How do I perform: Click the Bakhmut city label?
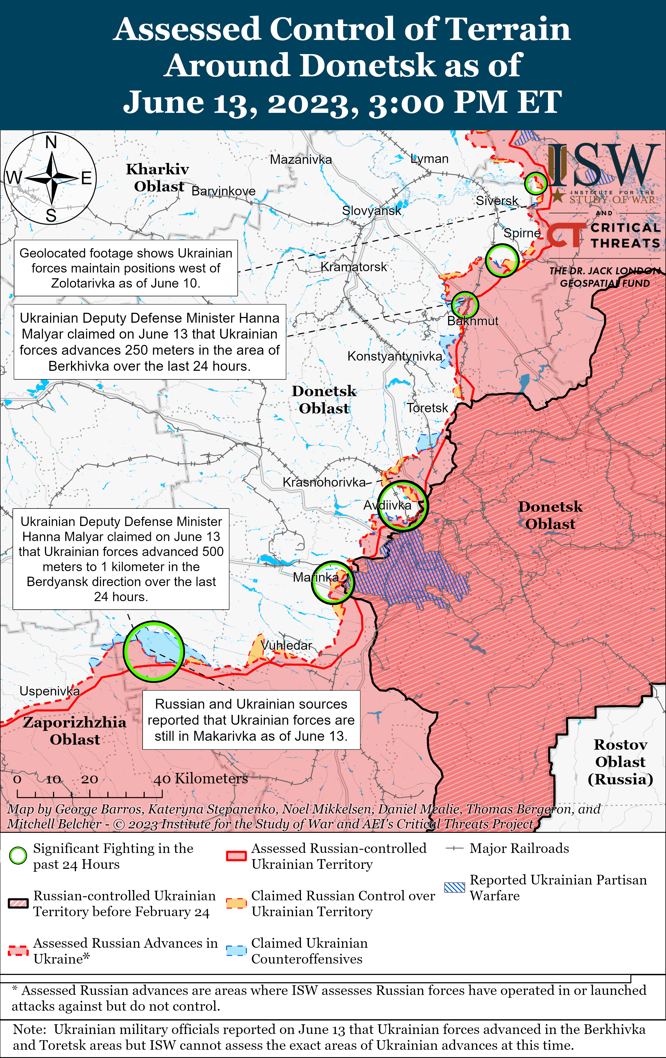472,321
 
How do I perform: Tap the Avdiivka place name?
387,505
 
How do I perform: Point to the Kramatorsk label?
354,267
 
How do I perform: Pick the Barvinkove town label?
224,191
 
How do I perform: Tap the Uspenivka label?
50,691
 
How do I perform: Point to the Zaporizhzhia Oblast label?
75,730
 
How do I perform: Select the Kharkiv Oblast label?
157,177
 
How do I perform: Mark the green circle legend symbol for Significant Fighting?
18,856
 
